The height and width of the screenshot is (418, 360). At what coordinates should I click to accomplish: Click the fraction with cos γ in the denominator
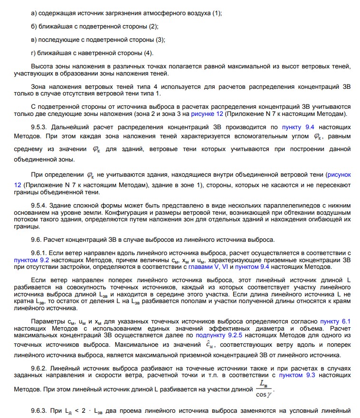[263, 388]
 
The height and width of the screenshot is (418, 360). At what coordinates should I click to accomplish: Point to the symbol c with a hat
[210, 345]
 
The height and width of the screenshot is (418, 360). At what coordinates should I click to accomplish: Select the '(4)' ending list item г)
[149, 53]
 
